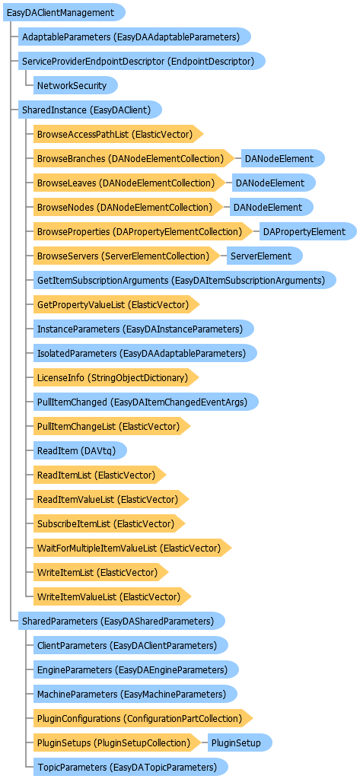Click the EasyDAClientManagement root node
64,12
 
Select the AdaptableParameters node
134,37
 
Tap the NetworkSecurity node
75,85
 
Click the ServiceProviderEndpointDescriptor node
142,61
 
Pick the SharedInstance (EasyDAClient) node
90,110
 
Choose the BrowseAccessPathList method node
119,134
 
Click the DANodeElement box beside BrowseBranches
283,158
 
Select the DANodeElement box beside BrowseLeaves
274,183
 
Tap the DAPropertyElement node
308,231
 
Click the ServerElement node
265,256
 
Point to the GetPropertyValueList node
117,304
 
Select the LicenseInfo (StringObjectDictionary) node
116,377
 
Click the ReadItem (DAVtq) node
80,450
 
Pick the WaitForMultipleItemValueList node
132,548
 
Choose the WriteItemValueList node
113,596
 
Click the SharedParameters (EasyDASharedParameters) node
122,621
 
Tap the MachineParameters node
135,694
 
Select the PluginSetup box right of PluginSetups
241,742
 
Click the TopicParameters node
131,767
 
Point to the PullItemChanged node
145,402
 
